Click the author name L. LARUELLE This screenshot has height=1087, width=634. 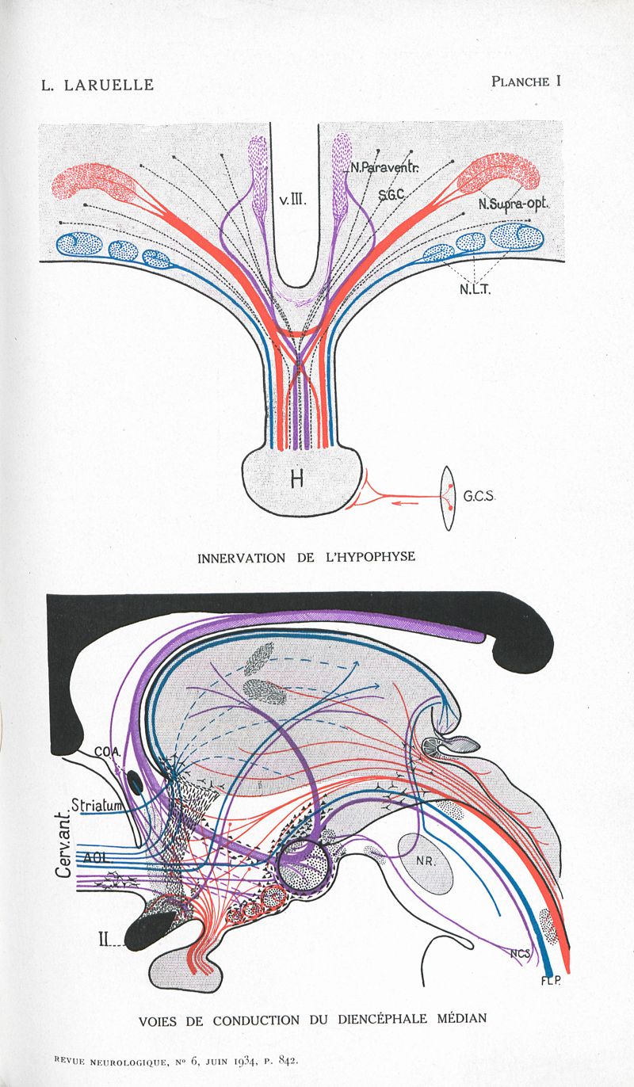coord(97,85)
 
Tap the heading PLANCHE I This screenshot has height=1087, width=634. coord(525,81)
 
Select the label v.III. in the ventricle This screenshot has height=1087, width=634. coord(292,201)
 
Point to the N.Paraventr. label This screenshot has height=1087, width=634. coord(385,167)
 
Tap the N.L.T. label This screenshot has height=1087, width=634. coord(475,289)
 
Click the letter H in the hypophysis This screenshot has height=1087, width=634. coord(297,479)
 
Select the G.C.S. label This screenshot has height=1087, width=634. coord(479,497)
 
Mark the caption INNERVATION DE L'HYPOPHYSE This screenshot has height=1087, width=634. coord(306,557)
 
